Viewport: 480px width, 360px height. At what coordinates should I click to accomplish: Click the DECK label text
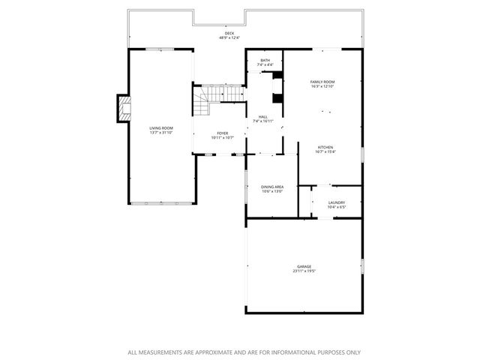229,33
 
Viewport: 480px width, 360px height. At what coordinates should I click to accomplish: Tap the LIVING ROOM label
161,128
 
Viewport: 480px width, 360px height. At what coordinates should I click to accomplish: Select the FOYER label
223,133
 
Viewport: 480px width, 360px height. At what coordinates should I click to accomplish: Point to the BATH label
265,61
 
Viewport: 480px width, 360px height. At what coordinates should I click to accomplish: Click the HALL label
263,116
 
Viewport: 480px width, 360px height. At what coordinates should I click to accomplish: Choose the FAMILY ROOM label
322,82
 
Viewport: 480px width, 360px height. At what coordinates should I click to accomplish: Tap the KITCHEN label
325,147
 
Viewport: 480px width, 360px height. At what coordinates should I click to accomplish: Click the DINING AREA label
272,187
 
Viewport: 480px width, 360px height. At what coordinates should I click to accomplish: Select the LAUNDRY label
337,202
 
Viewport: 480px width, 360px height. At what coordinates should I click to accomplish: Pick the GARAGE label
304,266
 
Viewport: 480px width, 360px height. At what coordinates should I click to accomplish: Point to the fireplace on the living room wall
123,109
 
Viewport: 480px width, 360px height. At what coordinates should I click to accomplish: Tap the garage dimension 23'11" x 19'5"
304,271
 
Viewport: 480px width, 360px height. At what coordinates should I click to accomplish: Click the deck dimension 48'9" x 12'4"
229,37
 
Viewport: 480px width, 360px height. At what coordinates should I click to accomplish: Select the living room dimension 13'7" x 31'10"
161,133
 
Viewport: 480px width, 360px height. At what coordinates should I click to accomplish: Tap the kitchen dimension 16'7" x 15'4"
325,151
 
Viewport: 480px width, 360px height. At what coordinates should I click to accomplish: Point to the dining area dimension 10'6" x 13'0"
272,191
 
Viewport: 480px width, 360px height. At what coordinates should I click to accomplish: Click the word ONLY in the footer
352,352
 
